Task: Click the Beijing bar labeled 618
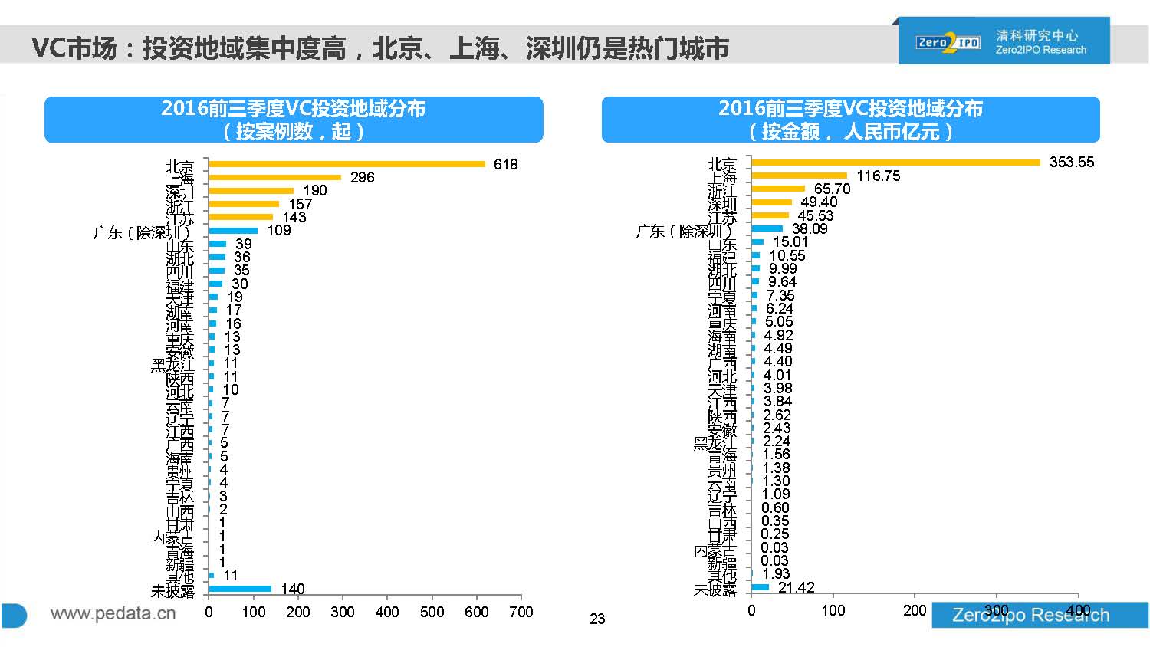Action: (347, 164)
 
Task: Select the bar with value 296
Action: (274, 177)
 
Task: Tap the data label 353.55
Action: (1072, 163)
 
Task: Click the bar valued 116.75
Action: (799, 176)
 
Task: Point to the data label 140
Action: (292, 589)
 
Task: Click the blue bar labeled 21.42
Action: (760, 587)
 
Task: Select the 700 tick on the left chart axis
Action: (521, 612)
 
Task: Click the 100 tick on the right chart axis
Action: (833, 611)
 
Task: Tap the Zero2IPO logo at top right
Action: (948, 42)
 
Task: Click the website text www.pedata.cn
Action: (113, 613)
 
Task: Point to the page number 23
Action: (597, 619)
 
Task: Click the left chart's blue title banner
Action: (294, 120)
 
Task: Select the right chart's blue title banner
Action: (850, 120)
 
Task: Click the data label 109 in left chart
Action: (278, 231)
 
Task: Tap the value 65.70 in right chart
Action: (832, 189)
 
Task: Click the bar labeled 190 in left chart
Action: (251, 191)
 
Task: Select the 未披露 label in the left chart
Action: (172, 591)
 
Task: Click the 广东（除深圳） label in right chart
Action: (685, 231)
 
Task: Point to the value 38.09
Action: (810, 228)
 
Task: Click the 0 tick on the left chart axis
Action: (209, 612)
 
